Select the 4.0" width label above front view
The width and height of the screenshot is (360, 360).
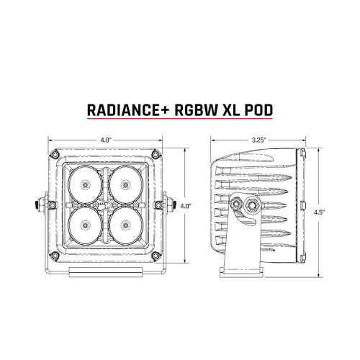(105, 138)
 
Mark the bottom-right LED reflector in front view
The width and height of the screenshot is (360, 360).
(126, 222)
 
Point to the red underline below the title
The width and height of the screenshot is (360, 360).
(180, 122)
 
